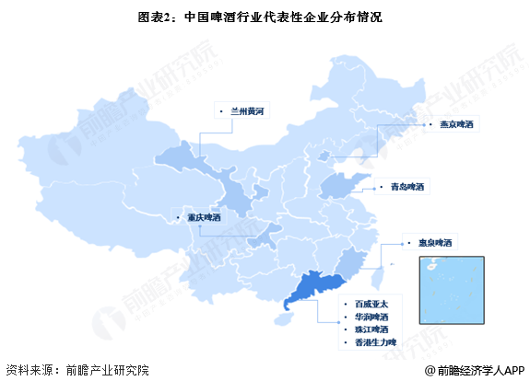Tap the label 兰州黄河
point(248,110)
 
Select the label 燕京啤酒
point(457,124)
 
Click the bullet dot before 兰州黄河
point(221,111)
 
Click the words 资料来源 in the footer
point(34,367)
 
